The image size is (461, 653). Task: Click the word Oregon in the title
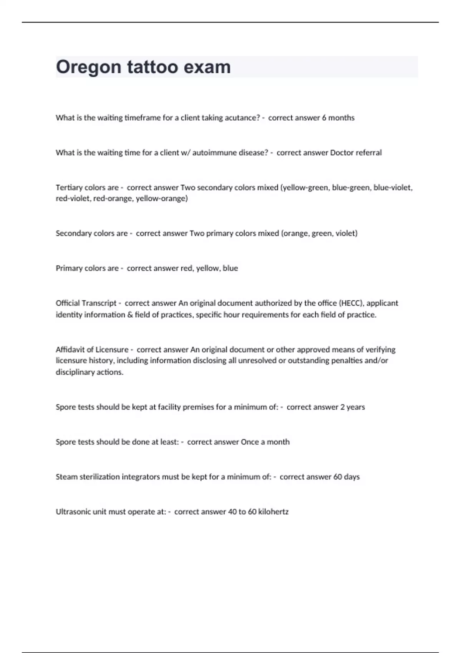89,67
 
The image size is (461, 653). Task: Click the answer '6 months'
338,118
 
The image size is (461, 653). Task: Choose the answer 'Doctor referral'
356,153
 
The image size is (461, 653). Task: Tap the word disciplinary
75,372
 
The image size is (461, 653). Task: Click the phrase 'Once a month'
265,442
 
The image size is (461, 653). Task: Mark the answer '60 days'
346,477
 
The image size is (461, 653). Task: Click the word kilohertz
273,512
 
